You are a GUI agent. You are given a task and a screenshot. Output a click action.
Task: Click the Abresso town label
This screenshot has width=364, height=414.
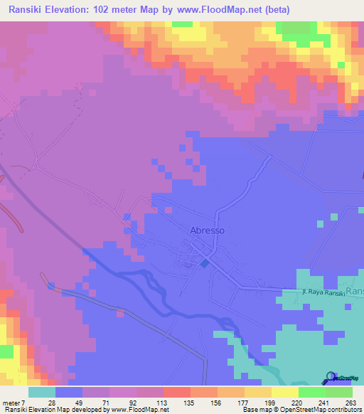208,230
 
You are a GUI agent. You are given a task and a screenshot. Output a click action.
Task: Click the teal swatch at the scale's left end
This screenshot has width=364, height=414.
41,392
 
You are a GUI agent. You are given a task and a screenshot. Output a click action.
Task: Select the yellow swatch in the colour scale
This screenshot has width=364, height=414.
284,392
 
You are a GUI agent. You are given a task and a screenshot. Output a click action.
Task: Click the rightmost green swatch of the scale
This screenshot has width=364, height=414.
338,392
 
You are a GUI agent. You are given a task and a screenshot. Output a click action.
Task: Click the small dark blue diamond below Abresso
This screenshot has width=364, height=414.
205,264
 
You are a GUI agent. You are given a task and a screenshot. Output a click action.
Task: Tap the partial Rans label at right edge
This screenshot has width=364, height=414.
355,292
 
